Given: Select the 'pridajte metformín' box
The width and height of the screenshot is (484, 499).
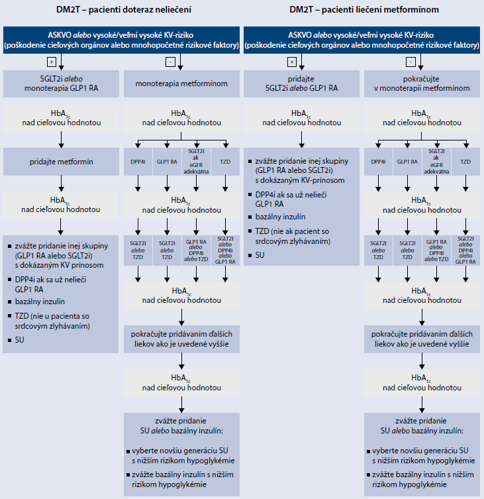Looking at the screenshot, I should pyautogui.click(x=61, y=161).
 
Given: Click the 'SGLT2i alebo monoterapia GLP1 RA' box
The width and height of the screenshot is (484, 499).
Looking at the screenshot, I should pyautogui.click(x=61, y=82).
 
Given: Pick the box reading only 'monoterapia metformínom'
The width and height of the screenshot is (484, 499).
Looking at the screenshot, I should pyautogui.click(x=181, y=83).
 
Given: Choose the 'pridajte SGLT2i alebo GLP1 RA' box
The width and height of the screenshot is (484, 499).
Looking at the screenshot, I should pyautogui.click(x=301, y=82).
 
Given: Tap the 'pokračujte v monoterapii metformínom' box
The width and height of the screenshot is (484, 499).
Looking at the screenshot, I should pyautogui.click(x=422, y=82).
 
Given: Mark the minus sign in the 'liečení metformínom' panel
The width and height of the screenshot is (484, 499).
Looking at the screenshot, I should pyautogui.click(x=412, y=62).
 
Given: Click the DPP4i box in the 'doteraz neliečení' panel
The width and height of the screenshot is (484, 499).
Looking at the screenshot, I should pyautogui.click(x=138, y=162).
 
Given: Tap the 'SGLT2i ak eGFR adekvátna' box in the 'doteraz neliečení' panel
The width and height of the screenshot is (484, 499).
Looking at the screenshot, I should pyautogui.click(x=197, y=162).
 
